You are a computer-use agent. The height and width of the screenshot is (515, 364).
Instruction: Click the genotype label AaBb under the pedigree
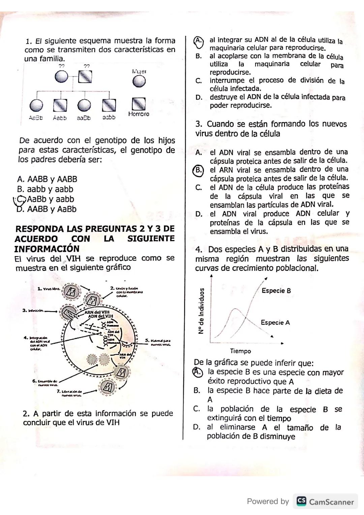coord(36,118)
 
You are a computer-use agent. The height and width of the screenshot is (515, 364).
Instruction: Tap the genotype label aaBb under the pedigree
coord(84,118)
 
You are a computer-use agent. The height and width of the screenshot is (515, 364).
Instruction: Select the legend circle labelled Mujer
coord(139,81)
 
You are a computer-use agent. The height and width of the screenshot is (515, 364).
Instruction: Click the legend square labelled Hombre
coord(139,104)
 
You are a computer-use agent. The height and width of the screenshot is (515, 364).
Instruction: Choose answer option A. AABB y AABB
coord(47,179)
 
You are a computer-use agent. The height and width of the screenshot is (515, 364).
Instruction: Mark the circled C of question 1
coord(21,200)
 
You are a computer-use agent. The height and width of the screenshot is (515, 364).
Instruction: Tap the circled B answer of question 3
coord(199,170)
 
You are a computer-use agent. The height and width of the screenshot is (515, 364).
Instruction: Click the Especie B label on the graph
coord(276,291)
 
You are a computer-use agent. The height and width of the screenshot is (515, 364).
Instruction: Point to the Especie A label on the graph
coord(275,323)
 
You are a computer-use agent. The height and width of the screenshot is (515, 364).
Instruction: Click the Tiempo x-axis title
coord(240,351)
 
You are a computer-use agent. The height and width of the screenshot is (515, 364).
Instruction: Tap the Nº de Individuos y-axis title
coord(201,311)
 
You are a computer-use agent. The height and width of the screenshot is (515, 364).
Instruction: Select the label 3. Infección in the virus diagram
coord(33,310)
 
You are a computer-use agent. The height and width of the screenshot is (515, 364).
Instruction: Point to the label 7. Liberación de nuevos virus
coord(69,393)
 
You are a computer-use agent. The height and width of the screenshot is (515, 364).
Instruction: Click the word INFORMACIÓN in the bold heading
coord(47,249)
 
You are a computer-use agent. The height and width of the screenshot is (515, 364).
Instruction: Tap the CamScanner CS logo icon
coord(301,502)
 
